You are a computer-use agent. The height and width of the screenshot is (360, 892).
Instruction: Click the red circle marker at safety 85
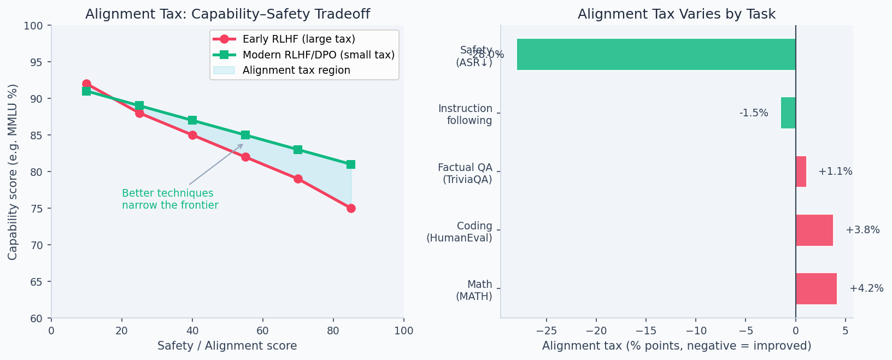(351, 208)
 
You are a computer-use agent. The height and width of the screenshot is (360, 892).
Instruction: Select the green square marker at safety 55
(245, 135)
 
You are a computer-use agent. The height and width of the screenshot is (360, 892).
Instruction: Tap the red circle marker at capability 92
(86, 84)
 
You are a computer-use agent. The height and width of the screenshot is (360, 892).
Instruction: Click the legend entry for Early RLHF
(298, 39)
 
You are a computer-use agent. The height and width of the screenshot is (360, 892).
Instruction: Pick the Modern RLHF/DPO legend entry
(318, 55)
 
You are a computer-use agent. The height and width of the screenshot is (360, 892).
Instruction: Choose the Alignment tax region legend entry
(296, 70)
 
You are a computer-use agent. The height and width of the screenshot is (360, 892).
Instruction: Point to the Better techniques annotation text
(169, 199)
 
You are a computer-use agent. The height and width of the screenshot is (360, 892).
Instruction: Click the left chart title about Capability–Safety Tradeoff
(227, 14)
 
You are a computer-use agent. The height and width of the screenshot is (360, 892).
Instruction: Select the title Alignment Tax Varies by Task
(676, 14)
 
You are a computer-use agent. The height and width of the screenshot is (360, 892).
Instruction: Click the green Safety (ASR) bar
(656, 54)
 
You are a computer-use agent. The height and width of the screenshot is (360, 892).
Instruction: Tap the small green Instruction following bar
(788, 113)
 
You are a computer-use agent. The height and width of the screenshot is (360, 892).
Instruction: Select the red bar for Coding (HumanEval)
(814, 230)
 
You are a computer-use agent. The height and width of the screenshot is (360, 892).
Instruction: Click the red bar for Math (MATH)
(816, 288)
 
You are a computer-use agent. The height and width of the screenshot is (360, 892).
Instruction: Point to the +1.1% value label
(835, 172)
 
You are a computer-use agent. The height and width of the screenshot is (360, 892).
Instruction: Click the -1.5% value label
(754, 113)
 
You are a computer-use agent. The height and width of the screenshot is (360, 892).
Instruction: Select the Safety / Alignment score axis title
(227, 346)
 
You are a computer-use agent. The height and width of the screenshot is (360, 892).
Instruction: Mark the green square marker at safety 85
(351, 164)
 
